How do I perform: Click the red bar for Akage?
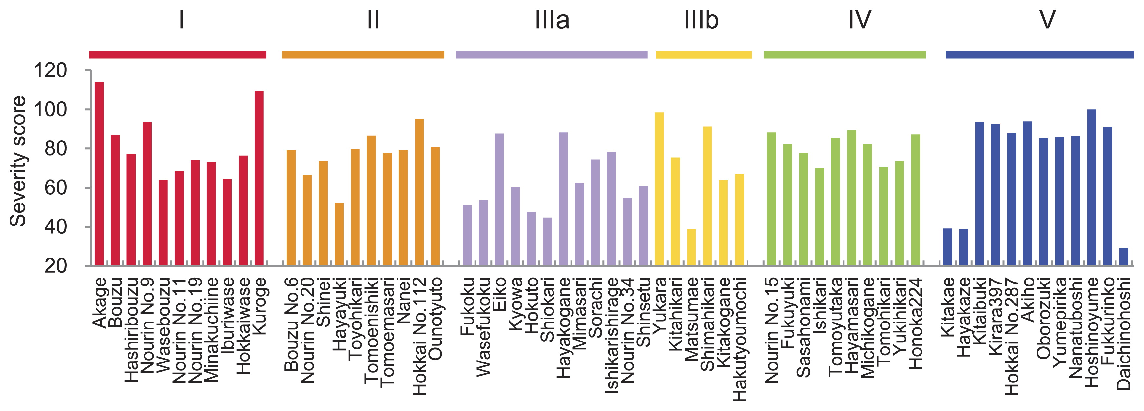tap(99, 173)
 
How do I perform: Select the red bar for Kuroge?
tap(259, 178)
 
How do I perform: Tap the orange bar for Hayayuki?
tap(339, 234)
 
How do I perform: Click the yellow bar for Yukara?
tap(659, 189)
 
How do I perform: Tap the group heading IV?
tap(859, 20)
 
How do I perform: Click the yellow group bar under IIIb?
tap(704, 55)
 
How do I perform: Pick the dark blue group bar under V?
tap(1039, 55)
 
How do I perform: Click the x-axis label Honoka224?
tap(916, 323)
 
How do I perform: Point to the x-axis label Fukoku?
tap(467, 306)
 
